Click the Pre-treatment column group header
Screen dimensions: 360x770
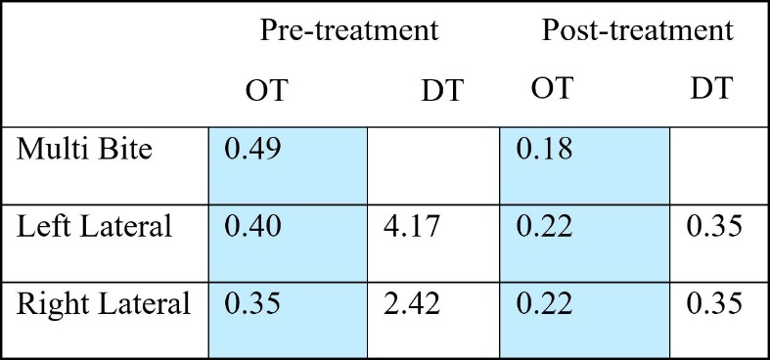[348, 30]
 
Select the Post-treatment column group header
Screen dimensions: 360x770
[637, 30]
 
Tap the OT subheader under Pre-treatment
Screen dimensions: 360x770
[266, 90]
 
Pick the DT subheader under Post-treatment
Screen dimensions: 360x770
[709, 90]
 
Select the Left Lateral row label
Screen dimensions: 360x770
[94, 227]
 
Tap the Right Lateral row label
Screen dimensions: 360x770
[104, 303]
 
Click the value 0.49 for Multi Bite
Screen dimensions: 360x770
[252, 151]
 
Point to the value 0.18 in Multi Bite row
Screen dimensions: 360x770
[546, 151]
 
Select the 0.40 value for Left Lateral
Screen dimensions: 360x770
[252, 227]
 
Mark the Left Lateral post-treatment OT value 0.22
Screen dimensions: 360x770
[546, 227]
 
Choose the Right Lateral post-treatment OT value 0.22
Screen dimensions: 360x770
[546, 303]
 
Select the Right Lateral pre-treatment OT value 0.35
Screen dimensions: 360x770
[252, 303]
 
